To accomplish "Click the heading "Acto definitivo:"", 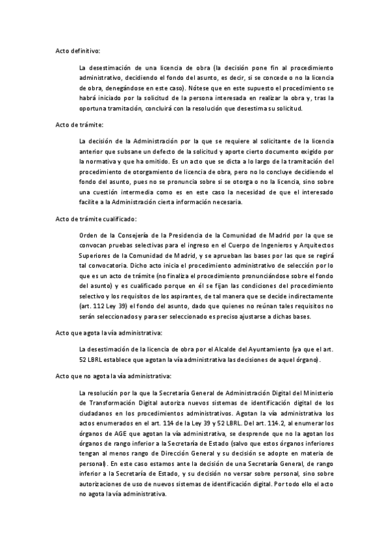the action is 77,50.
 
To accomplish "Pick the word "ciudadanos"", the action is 96,413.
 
